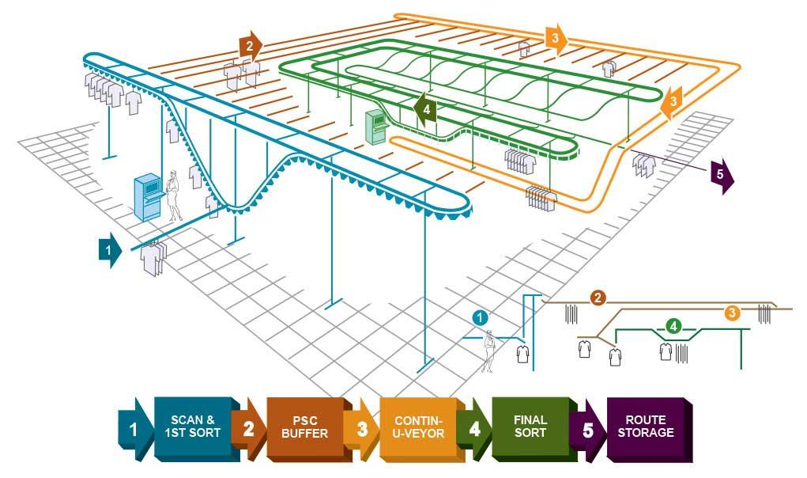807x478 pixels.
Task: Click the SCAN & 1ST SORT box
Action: tap(192, 427)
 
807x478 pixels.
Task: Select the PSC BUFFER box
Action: tap(304, 427)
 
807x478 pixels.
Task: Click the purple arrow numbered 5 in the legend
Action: tap(587, 430)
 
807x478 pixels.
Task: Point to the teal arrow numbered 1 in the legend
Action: tap(135, 430)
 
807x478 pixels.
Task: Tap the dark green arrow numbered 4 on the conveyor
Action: tap(425, 110)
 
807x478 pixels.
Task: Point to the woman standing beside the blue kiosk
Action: tap(173, 196)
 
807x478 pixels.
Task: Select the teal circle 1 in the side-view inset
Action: tap(479, 317)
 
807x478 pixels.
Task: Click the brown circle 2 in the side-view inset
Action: tap(598, 298)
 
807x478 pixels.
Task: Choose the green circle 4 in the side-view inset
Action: tap(673, 325)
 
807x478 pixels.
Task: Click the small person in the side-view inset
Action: tap(489, 349)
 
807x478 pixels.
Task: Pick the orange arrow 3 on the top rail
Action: tap(556, 38)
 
